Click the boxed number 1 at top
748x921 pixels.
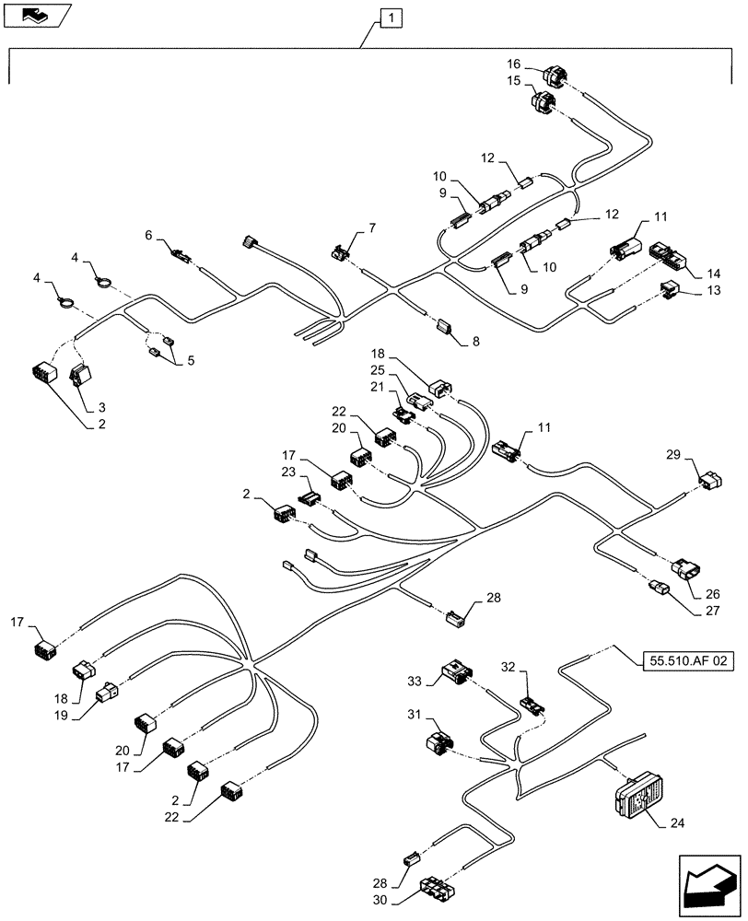[392, 17]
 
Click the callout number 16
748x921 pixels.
[513, 64]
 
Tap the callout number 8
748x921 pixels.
[475, 342]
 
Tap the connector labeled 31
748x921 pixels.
[438, 741]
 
